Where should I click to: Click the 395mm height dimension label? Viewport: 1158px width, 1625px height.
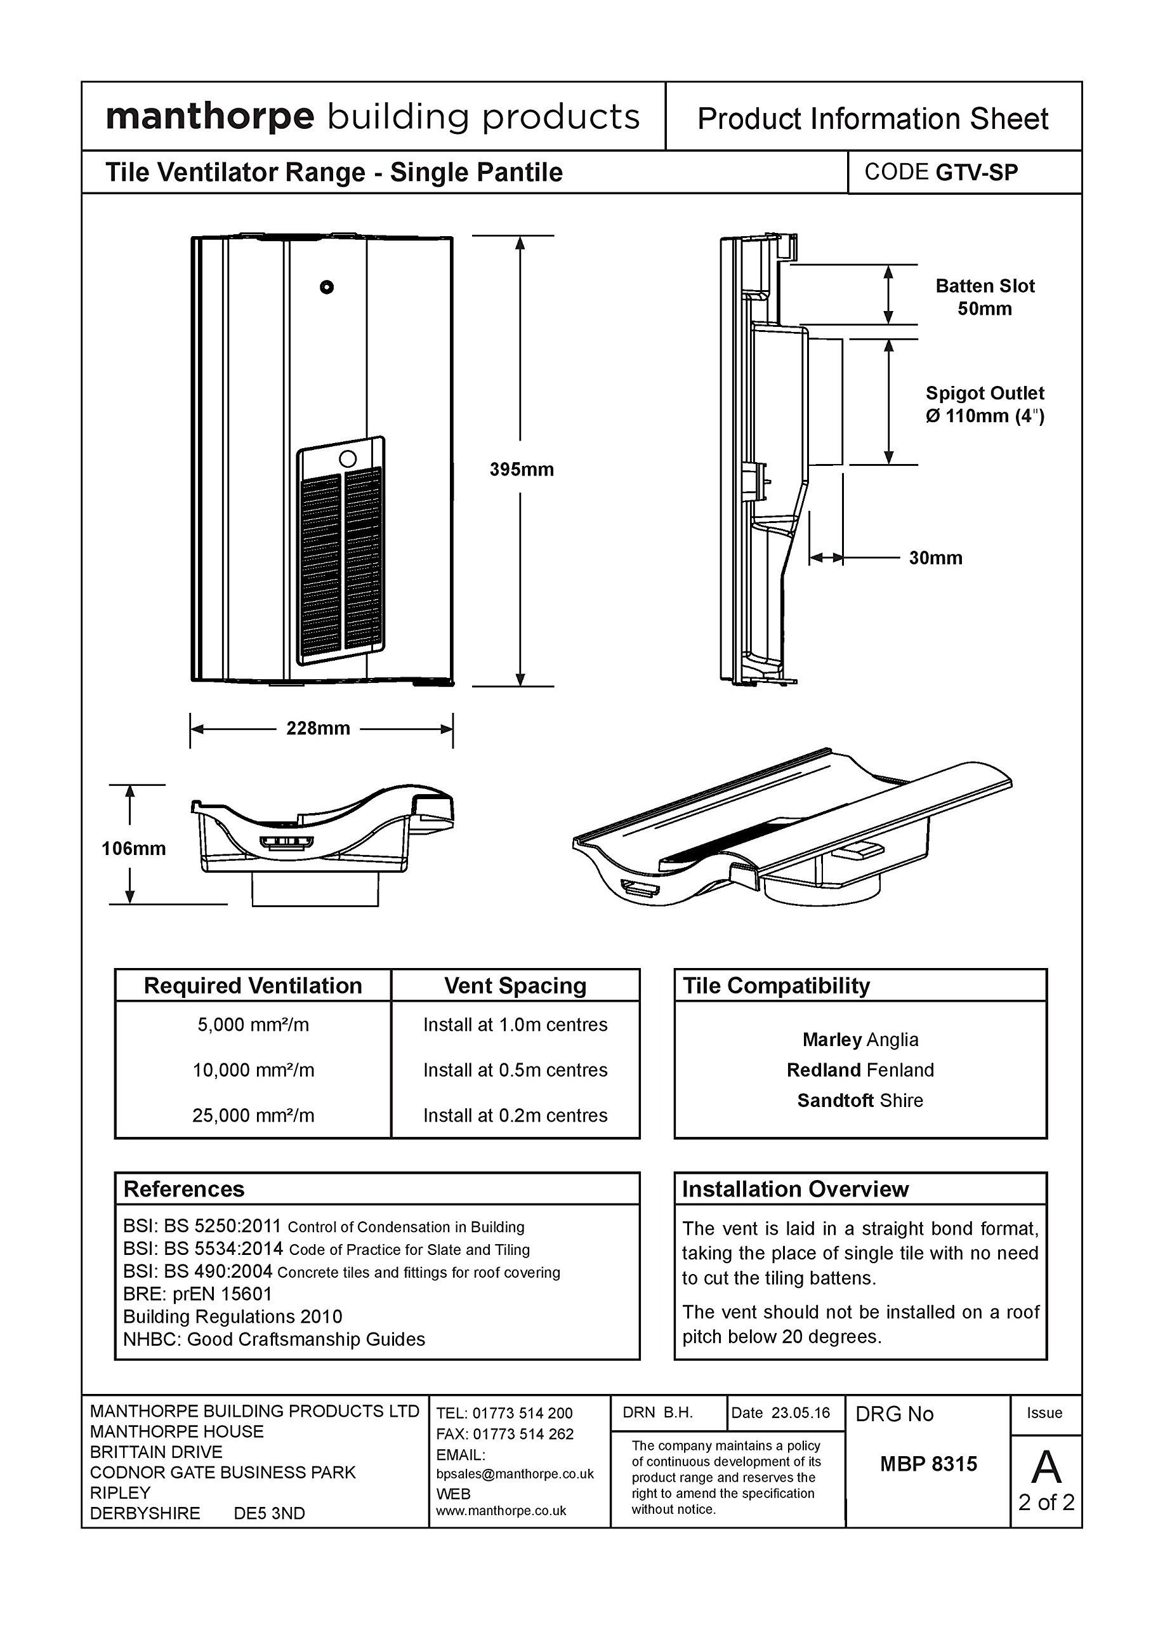[x=521, y=469]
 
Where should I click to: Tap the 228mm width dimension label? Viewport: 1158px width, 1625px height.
[x=318, y=728]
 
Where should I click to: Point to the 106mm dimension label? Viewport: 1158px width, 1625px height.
[x=133, y=848]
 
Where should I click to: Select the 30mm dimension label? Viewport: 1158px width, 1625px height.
[x=935, y=558]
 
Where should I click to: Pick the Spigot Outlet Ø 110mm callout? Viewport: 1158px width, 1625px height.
[x=984, y=404]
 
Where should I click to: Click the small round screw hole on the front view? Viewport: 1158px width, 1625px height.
[x=327, y=287]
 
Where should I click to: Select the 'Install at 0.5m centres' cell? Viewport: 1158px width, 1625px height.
[x=515, y=1070]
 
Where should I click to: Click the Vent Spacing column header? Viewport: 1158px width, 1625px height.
[x=515, y=986]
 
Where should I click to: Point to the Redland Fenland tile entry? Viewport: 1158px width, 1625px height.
[x=860, y=1070]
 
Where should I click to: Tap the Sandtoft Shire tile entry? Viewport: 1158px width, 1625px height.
[x=860, y=1101]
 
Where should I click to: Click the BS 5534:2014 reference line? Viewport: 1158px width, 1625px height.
[x=327, y=1249]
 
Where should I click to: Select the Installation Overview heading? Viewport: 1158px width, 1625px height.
[x=795, y=1189]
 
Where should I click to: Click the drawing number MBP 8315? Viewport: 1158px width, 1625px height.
[x=928, y=1464]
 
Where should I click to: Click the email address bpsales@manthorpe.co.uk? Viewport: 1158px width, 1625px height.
[x=515, y=1474]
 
